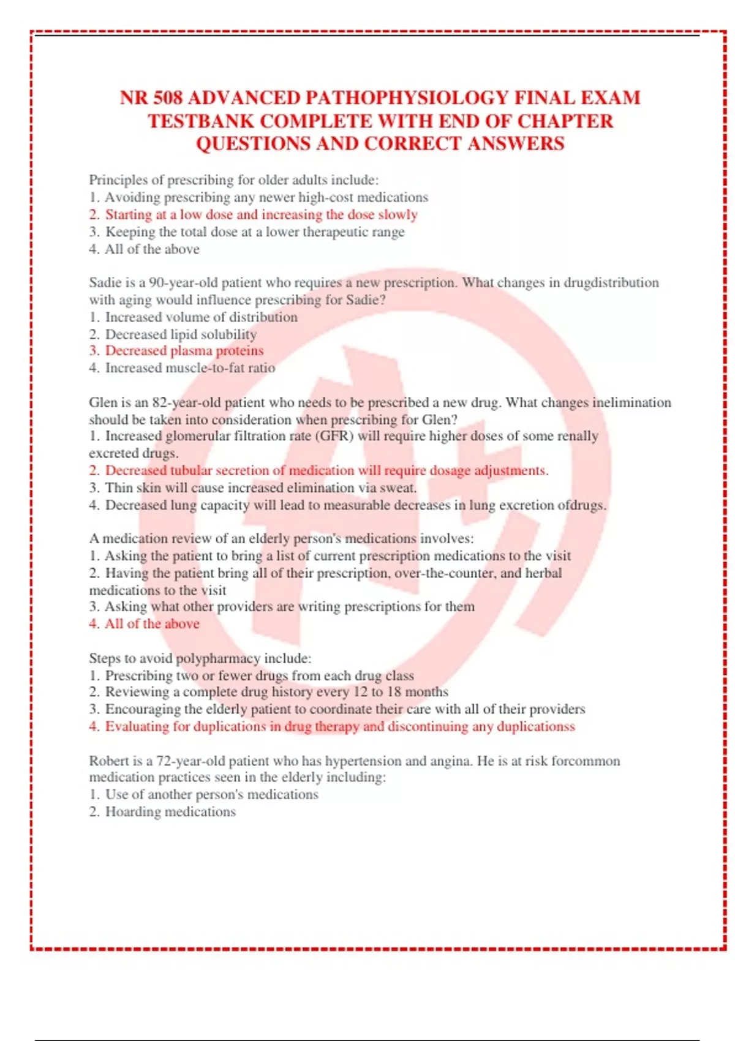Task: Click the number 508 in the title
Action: pyautogui.click(x=167, y=98)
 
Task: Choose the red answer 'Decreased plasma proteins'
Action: pyautogui.click(x=184, y=351)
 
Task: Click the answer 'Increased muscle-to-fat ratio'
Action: pyautogui.click(x=190, y=368)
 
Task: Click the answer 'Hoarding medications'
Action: pyautogui.click(x=170, y=812)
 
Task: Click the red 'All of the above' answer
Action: pyautogui.click(x=152, y=624)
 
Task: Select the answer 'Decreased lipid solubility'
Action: pyautogui.click(x=181, y=334)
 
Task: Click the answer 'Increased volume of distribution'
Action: pyautogui.click(x=201, y=317)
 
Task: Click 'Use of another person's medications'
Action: pyautogui.click(x=211, y=795)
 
